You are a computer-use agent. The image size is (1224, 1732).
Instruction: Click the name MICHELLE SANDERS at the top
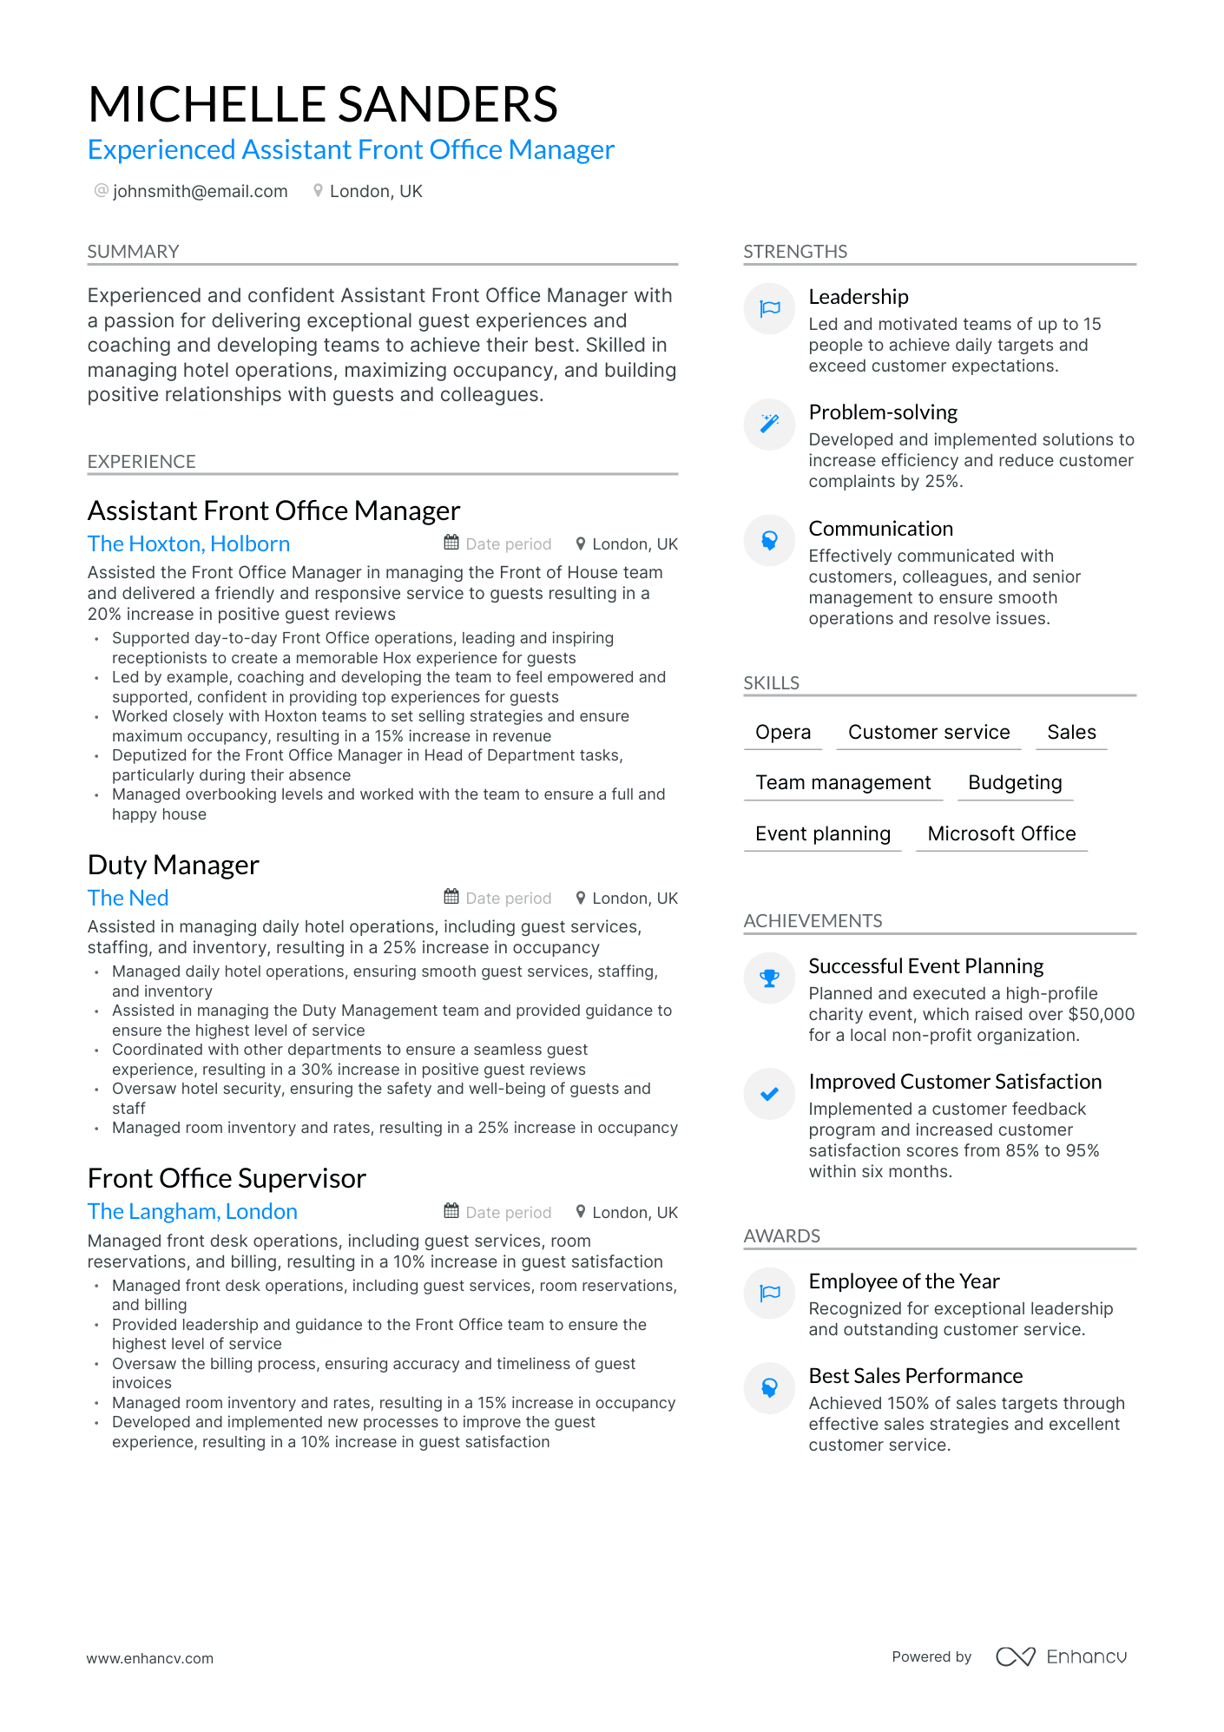322,104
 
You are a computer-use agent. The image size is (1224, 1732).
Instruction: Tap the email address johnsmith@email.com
200,191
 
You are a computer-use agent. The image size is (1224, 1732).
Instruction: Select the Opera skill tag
782,732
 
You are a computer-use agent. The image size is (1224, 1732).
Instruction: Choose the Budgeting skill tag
1014,782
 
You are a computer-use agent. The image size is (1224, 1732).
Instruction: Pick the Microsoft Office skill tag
1001,833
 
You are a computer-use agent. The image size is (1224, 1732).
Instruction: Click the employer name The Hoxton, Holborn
188,543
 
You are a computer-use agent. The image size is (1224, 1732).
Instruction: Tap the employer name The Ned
128,898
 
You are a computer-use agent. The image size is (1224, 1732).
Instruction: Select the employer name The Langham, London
192,1211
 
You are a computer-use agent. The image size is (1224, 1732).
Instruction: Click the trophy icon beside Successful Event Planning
769,978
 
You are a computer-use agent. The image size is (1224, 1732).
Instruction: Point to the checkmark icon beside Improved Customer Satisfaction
769,1094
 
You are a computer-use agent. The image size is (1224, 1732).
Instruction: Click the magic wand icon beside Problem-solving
769,424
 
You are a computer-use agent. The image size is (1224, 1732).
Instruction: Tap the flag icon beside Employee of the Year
769,1294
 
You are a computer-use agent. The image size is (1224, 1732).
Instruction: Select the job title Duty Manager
173,865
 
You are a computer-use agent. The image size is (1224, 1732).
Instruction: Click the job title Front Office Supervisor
227,1178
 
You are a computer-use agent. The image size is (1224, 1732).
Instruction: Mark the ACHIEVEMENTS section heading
813,920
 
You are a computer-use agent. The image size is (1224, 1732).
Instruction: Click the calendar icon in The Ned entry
451,897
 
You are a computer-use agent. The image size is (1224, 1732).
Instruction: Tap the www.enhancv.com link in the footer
149,1658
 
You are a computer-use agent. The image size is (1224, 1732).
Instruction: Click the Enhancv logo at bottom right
1061,1656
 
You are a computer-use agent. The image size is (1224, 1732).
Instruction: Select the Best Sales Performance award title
915,1376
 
